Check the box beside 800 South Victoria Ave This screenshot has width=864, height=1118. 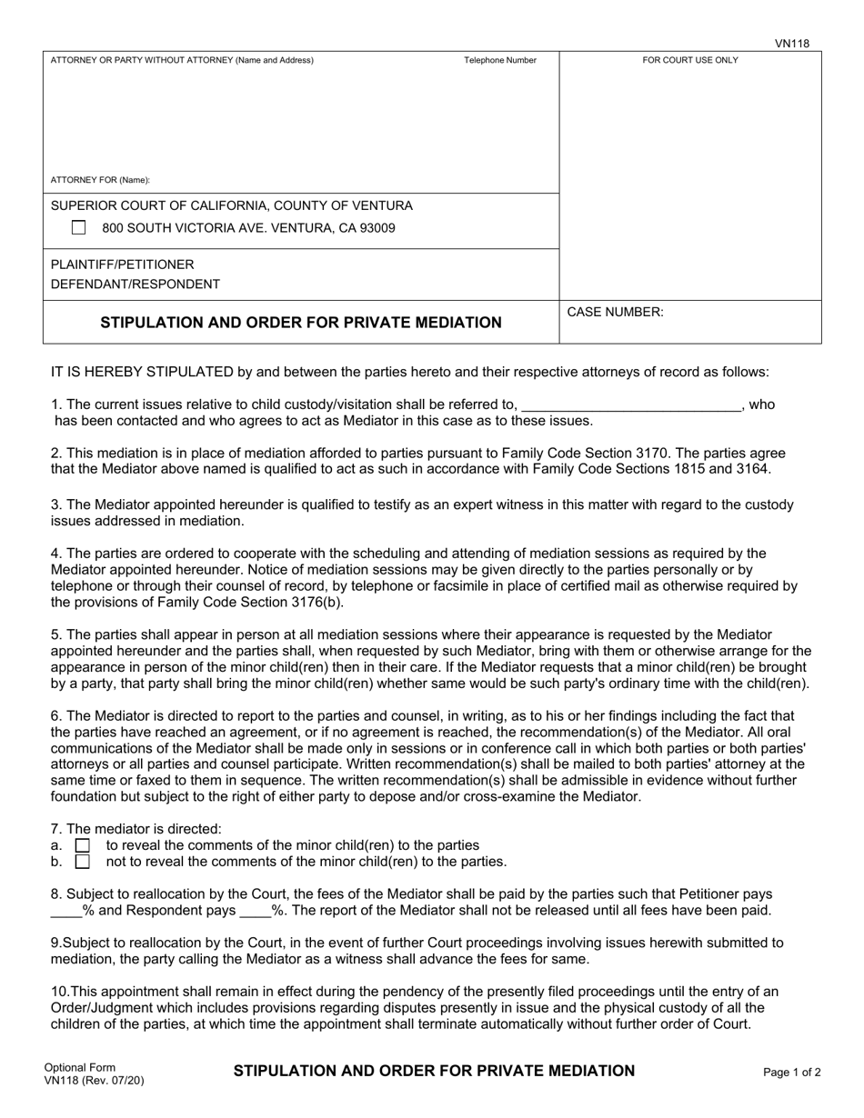point(79,228)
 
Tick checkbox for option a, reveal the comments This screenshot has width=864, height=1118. point(83,845)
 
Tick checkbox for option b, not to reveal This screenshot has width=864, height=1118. point(83,862)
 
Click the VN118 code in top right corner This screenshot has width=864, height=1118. point(791,43)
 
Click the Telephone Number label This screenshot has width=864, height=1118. point(500,61)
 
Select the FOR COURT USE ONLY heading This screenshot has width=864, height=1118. point(690,61)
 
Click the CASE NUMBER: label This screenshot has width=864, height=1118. point(616,313)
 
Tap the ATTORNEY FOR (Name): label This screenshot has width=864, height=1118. point(101,180)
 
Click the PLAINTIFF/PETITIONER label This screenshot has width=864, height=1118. point(122,265)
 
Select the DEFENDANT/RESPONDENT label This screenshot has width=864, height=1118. point(135,284)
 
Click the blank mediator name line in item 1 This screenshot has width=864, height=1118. point(631,406)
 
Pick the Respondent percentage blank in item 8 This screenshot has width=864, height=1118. point(255,911)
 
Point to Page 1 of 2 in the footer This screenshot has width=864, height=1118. point(792,1073)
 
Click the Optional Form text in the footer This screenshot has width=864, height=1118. point(80,1068)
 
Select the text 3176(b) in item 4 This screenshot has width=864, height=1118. point(319,602)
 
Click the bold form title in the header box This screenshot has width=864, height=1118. point(300,323)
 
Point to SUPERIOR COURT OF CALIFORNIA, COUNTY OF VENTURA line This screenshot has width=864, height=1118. point(232,205)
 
